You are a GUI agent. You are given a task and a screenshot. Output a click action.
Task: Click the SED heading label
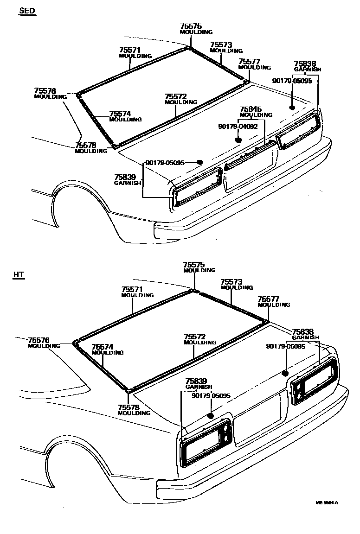pyautogui.click(x=27, y=11)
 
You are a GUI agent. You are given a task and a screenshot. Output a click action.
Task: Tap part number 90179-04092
pyautogui.click(x=238, y=126)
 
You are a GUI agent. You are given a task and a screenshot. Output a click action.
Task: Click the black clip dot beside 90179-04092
pyautogui.click(x=238, y=139)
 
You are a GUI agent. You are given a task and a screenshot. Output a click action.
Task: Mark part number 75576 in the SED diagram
pyautogui.click(x=45, y=91)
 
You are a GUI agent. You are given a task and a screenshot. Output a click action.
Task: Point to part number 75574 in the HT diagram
pyautogui.click(x=102, y=346)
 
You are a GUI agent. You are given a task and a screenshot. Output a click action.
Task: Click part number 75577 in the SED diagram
pyautogui.click(x=250, y=61)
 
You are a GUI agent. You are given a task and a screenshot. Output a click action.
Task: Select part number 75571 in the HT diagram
pyautogui.click(x=132, y=289)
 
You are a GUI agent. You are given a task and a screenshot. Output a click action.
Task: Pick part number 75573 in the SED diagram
pyautogui.click(x=221, y=44)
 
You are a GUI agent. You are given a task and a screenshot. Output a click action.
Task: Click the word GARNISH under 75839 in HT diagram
pyautogui.click(x=199, y=387)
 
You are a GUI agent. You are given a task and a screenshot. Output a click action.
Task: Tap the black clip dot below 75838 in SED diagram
pyautogui.click(x=292, y=108)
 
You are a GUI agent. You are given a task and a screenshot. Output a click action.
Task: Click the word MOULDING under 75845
pyautogui.click(x=256, y=115)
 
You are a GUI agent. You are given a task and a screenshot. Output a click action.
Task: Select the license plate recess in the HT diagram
pyautogui.click(x=258, y=417)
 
